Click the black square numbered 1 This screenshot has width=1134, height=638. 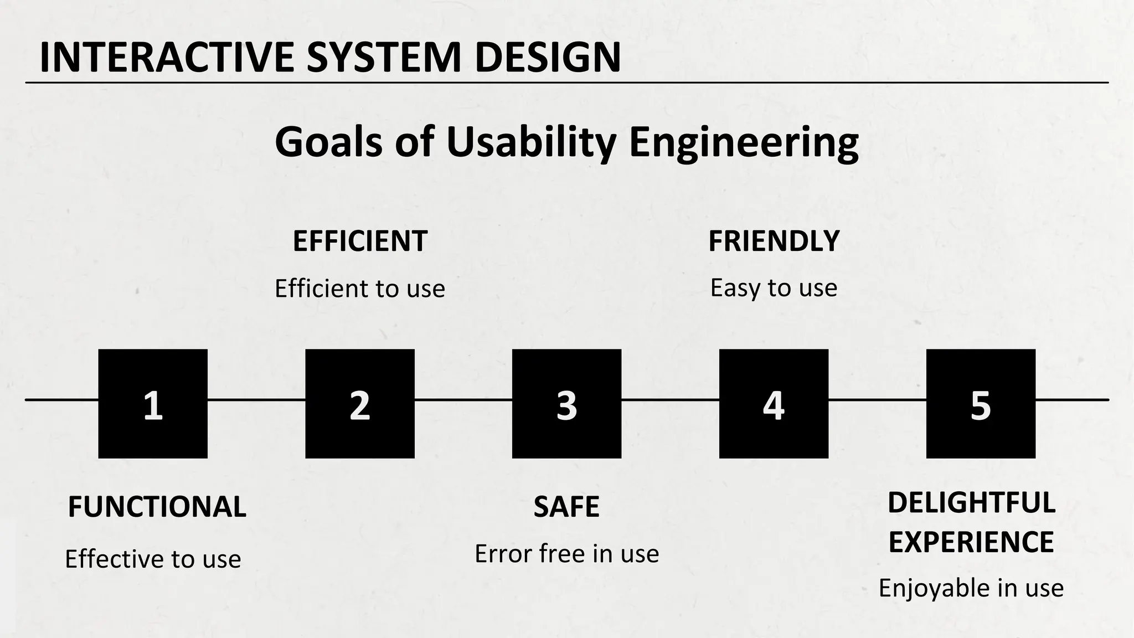153,404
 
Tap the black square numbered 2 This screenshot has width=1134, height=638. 360,404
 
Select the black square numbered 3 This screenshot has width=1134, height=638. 566,404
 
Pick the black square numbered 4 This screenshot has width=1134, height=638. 774,404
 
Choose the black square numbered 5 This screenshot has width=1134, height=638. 981,404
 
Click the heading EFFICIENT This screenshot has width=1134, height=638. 360,241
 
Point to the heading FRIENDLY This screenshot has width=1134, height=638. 774,241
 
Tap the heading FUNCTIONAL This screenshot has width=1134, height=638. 157,507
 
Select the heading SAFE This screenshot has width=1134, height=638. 566,507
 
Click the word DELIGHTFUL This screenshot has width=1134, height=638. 971,503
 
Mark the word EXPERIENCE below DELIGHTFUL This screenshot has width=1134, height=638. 971,542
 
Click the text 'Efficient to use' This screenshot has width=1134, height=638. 360,289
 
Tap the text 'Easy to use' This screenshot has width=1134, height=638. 774,288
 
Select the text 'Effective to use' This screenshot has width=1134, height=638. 153,559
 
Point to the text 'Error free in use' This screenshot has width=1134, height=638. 566,554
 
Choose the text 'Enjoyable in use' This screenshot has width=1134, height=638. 971,588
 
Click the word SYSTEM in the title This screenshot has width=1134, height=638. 384,58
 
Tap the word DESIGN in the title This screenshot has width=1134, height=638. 548,58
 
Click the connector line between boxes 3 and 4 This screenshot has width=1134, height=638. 670,399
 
